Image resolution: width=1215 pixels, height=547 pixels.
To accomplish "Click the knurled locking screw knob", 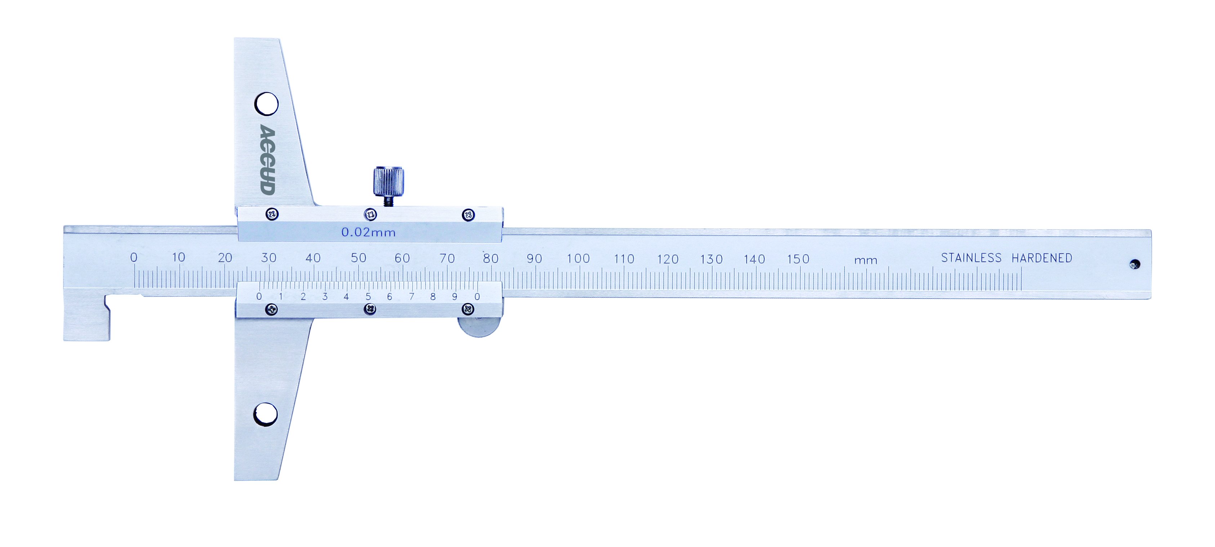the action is [x=389, y=182].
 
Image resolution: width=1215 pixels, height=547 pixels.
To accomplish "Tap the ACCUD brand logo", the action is [x=267, y=159].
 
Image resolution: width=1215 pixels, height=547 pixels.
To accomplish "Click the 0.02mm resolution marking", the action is [x=368, y=232].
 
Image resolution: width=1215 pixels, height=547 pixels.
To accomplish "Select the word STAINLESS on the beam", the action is [x=971, y=258].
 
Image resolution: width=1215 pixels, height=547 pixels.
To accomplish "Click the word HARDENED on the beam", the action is [x=1042, y=258].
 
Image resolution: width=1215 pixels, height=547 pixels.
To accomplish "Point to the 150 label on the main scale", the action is [x=798, y=259].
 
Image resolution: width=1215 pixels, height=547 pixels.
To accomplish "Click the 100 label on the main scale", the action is [x=578, y=258].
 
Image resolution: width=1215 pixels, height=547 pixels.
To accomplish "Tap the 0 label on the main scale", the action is [x=134, y=258].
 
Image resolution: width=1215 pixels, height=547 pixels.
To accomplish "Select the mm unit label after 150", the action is [x=865, y=260].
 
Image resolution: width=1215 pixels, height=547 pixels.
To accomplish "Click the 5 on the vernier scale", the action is [x=368, y=297].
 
